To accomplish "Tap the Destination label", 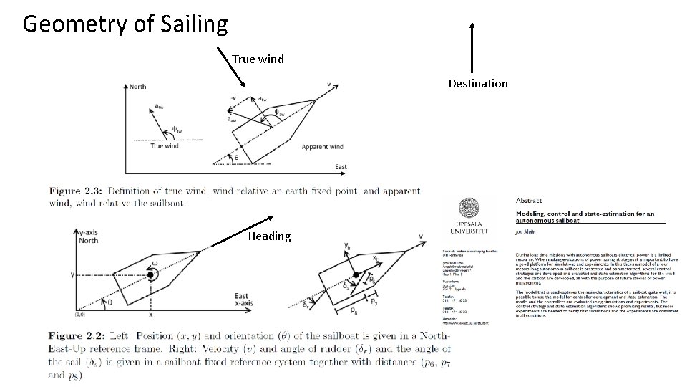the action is (x=477, y=83).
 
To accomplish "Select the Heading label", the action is (x=269, y=236).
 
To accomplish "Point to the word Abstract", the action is (x=528, y=201).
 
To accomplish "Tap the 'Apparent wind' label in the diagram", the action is (x=323, y=147).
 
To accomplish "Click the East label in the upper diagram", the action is (x=341, y=167).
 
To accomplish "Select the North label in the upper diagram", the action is (x=137, y=87).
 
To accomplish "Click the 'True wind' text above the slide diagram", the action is (x=258, y=59).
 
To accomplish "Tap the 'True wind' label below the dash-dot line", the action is (x=165, y=146).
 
